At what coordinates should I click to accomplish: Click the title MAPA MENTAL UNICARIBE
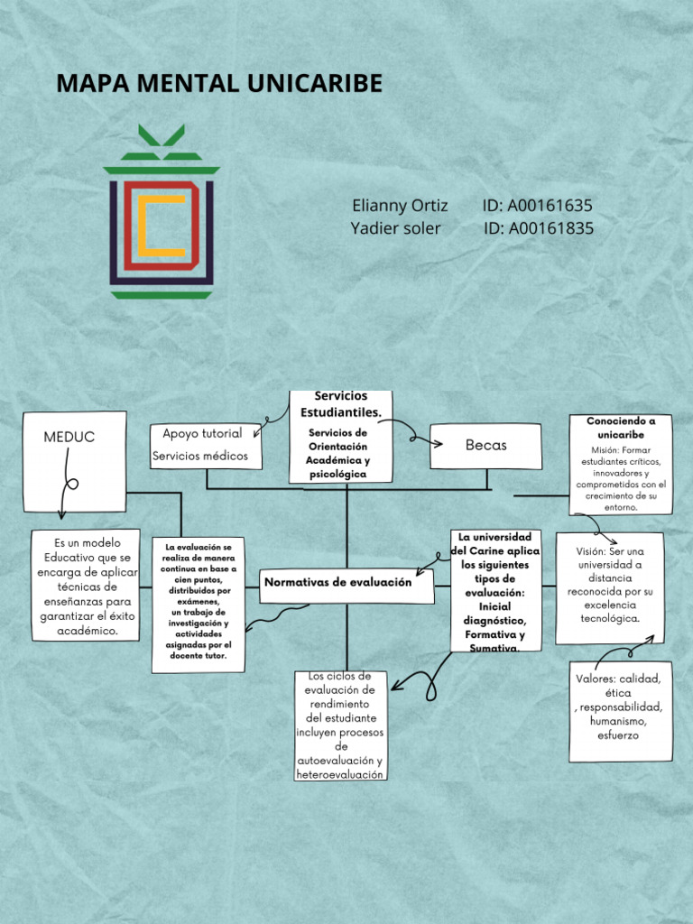pos(219,84)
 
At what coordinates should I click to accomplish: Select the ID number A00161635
pos(538,206)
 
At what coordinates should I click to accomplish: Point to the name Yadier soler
pos(395,228)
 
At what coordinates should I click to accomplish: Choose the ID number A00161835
pos(538,228)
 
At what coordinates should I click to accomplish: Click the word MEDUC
pos(69,437)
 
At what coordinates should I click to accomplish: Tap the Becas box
pos(485,446)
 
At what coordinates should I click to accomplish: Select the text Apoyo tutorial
pos(202,433)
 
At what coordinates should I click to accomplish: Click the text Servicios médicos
pos(200,456)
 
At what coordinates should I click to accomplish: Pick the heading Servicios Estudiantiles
pos(341,404)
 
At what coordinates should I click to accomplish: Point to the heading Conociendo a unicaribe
pos(621,428)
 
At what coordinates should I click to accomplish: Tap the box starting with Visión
pos(609,587)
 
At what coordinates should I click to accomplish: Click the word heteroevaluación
pos(340,775)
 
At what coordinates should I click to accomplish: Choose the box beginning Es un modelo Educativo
pos(86,586)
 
